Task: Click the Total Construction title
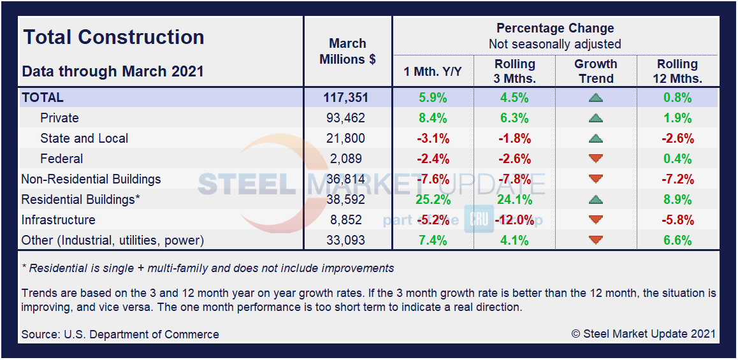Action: pos(113,37)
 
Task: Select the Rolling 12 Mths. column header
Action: pos(677,71)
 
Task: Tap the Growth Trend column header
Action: pos(596,71)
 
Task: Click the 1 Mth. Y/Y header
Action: pos(433,71)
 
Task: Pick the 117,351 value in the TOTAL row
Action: pos(347,98)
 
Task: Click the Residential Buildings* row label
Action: pos(80,199)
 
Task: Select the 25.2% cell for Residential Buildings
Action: pos(433,199)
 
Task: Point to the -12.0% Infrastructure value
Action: pos(515,220)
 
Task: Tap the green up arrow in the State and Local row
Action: pos(596,138)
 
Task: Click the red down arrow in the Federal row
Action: pos(596,159)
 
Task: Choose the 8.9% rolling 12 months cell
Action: pos(677,199)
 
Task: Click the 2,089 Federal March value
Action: pos(347,159)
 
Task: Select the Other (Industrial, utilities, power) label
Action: pos(112,240)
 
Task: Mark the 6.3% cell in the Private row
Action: pos(515,118)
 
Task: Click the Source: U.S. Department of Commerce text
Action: pos(120,334)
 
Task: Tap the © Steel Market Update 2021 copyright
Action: pos(643,333)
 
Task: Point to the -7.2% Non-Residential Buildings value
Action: pos(677,179)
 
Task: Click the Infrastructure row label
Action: pos(58,220)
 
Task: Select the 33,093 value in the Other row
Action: pos(347,240)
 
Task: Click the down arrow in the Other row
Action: pos(596,240)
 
